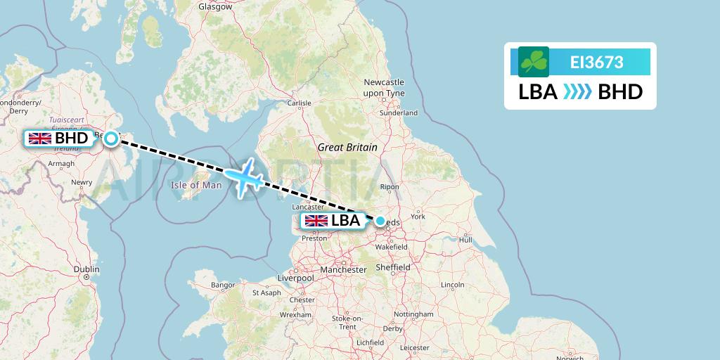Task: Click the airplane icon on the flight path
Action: [244, 177]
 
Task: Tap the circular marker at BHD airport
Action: [111, 139]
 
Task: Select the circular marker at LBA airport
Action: [380, 221]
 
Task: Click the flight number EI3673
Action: [596, 62]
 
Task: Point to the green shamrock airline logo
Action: [534, 62]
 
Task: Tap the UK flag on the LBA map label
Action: [316, 221]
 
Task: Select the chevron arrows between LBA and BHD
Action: [578, 92]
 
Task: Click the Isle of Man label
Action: [196, 186]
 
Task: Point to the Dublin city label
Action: [86, 269]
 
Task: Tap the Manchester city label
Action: [343, 269]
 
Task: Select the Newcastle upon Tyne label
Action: [384, 87]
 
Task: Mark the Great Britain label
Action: [347, 148]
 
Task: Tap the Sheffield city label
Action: [393, 267]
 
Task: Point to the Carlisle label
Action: [299, 103]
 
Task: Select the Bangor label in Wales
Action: [221, 285]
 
